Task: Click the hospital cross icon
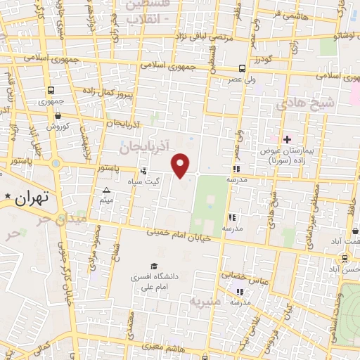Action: (x=286, y=139)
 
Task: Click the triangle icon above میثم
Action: (x=106, y=191)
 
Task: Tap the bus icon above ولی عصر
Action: (x=242, y=69)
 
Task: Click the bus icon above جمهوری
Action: (x=51, y=91)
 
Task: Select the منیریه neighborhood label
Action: (x=204, y=302)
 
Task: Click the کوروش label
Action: (x=56, y=127)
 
